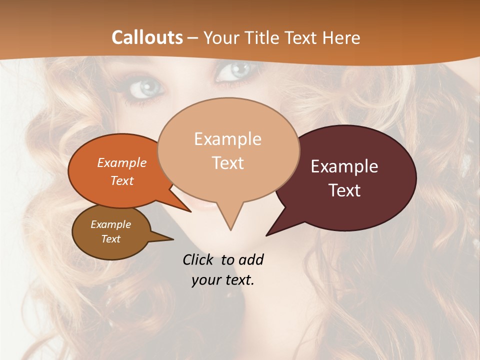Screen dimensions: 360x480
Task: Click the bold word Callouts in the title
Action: pyautogui.click(x=147, y=37)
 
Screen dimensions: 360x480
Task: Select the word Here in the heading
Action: pyautogui.click(x=341, y=37)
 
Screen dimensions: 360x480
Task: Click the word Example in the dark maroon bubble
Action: pyautogui.click(x=344, y=166)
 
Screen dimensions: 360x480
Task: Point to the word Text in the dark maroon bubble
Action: pyautogui.click(x=344, y=190)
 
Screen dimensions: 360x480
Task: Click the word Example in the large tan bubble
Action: pyautogui.click(x=227, y=139)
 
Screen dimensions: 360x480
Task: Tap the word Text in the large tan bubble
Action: pyautogui.click(x=227, y=163)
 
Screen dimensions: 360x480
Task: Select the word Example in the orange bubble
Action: pyautogui.click(x=122, y=163)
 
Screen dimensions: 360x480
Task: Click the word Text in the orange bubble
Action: pyautogui.click(x=122, y=180)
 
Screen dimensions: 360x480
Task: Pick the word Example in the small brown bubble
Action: pyautogui.click(x=111, y=224)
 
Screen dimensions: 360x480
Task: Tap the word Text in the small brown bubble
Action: pyautogui.click(x=111, y=239)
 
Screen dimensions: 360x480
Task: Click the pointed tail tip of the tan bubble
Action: pyautogui.click(x=230, y=230)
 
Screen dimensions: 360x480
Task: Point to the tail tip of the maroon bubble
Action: pyautogui.click(x=266, y=235)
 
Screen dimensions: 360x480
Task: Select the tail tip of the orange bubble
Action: pyautogui.click(x=191, y=212)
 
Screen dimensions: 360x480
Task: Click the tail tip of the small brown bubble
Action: pyautogui.click(x=173, y=239)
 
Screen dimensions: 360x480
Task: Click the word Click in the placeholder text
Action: pyautogui.click(x=199, y=259)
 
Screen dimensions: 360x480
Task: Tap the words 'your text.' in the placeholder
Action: pyautogui.click(x=223, y=280)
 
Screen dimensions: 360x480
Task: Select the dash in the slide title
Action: pyautogui.click(x=193, y=38)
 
